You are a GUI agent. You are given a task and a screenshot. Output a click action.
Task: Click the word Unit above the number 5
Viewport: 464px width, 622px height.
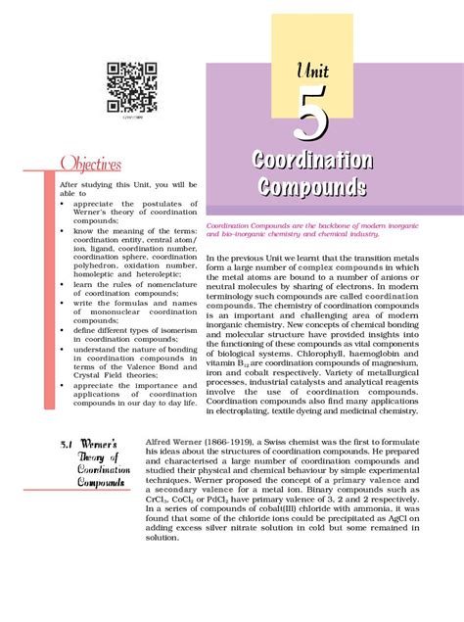pos(311,70)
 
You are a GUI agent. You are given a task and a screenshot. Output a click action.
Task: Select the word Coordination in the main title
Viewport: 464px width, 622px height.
pos(311,161)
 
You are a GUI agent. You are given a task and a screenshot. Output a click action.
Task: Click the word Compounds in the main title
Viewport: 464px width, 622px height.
pos(311,186)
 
